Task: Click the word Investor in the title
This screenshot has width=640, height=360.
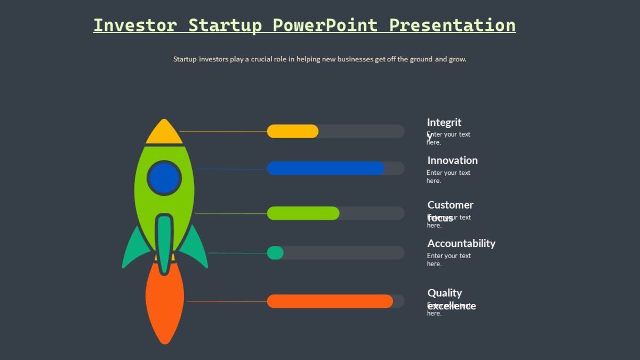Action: [135, 25]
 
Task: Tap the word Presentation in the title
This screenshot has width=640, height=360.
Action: [452, 25]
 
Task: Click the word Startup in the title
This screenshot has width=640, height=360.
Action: [225, 25]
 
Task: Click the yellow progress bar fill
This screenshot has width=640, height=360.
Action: [292, 131]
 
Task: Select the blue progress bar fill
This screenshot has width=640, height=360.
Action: [325, 169]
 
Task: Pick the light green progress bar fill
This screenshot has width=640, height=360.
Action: [303, 213]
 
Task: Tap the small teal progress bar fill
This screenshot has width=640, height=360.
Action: [275, 253]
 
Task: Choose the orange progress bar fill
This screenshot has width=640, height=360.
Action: [330, 301]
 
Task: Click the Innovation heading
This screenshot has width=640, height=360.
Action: [452, 161]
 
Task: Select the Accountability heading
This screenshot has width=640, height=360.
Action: [461, 244]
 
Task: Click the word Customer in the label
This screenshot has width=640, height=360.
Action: [450, 205]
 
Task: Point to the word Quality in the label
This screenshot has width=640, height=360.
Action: [444, 293]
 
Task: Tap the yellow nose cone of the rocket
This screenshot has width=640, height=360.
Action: [164, 133]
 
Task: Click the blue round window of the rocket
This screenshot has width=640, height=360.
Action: [164, 178]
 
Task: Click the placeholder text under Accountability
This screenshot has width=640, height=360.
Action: [449, 260]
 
